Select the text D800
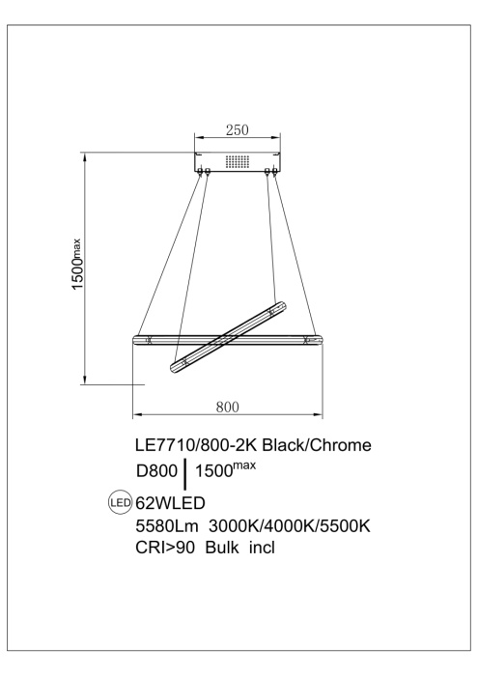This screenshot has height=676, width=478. (x=158, y=474)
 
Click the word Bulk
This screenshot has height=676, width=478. (x=236, y=550)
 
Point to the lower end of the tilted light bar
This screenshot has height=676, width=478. (x=175, y=367)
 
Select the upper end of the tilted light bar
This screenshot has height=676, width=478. (x=281, y=308)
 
